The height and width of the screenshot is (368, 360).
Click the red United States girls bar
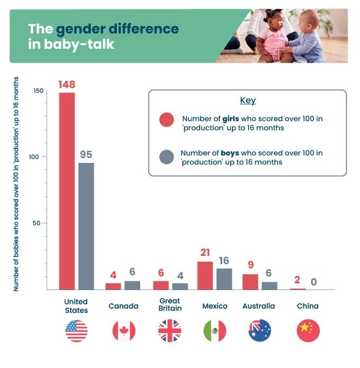(x=67, y=191)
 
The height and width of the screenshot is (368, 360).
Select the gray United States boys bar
(x=86, y=226)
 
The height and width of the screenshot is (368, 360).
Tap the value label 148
(x=67, y=85)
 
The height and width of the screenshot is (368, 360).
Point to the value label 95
(x=86, y=155)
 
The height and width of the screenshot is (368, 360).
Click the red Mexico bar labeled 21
(x=205, y=275)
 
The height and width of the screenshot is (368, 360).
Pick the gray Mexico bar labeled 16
(x=224, y=279)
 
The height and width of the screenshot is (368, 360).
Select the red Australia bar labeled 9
(x=250, y=281)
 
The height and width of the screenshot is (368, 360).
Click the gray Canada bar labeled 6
(x=132, y=285)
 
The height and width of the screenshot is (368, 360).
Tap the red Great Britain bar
(x=161, y=285)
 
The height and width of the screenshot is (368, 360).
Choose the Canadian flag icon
(x=124, y=331)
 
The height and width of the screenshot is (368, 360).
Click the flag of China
(x=308, y=331)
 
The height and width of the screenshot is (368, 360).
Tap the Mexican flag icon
(x=215, y=331)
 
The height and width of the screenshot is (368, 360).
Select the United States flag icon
(x=76, y=331)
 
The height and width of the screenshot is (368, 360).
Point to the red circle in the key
(x=167, y=120)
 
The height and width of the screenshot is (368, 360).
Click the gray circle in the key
(x=167, y=157)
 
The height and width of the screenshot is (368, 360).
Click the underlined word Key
(x=248, y=100)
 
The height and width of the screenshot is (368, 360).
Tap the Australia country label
(x=258, y=306)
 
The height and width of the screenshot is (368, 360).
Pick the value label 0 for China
(x=313, y=282)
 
